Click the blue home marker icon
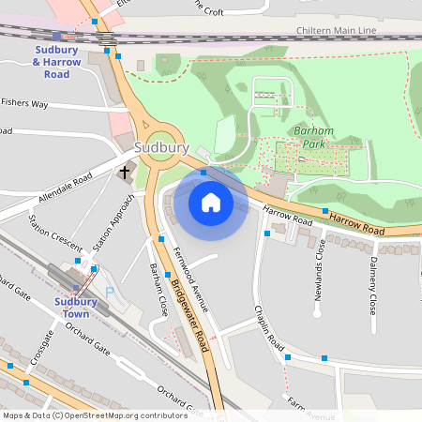tap(211, 202)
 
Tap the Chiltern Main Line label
tap(335, 31)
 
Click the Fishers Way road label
tap(24, 103)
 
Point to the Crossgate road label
tap(42, 352)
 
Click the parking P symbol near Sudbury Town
tap(109, 293)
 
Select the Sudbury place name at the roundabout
tap(161, 148)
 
